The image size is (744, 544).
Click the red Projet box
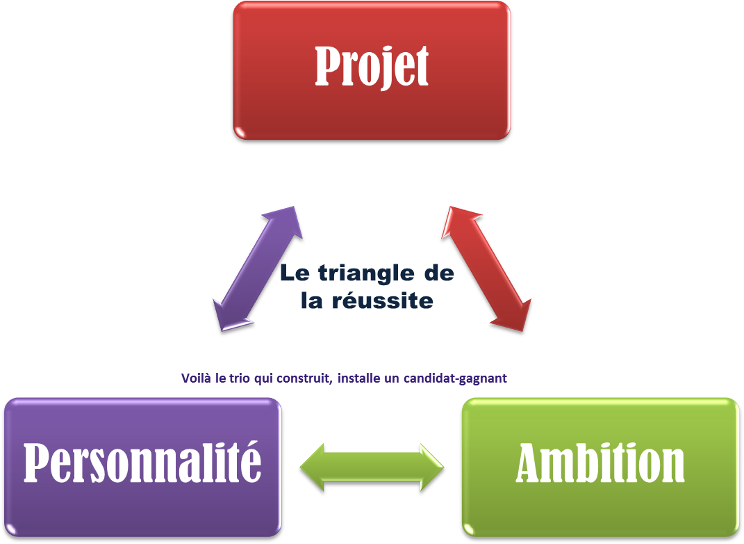pyautogui.click(x=372, y=70)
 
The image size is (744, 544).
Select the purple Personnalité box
pyautogui.click(x=143, y=467)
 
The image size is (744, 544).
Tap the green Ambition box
pyautogui.click(x=601, y=467)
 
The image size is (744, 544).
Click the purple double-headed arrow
pyautogui.click(x=258, y=269)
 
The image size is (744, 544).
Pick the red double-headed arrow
pyautogui.click(x=486, y=269)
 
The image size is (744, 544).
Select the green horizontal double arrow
pyautogui.click(x=372, y=467)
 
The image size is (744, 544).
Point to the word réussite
pyautogui.click(x=383, y=301)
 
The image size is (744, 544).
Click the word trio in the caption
pyautogui.click(x=239, y=378)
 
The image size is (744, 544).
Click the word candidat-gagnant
pyautogui.click(x=455, y=378)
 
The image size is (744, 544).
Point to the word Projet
pyautogui.click(x=372, y=66)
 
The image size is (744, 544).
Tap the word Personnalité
pyautogui.click(x=142, y=463)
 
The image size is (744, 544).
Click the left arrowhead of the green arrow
pyautogui.click(x=312, y=467)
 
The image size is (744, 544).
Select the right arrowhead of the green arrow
pyautogui.click(x=432, y=467)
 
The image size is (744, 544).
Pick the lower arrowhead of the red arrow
pyautogui.click(x=514, y=315)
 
